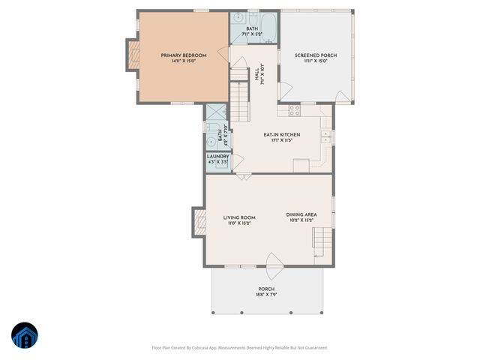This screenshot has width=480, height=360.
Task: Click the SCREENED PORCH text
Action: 315,55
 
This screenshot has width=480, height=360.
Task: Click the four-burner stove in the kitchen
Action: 295,109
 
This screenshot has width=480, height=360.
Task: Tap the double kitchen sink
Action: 326,136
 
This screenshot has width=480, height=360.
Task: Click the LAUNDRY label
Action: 218,156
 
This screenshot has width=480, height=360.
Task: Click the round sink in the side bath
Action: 211,140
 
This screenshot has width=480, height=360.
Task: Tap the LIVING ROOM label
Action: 239,217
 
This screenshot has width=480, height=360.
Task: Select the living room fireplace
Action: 199,220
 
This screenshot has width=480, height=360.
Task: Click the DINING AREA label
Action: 301,214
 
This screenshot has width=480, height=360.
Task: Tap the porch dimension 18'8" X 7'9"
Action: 266,295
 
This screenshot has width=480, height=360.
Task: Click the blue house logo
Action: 25,337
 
